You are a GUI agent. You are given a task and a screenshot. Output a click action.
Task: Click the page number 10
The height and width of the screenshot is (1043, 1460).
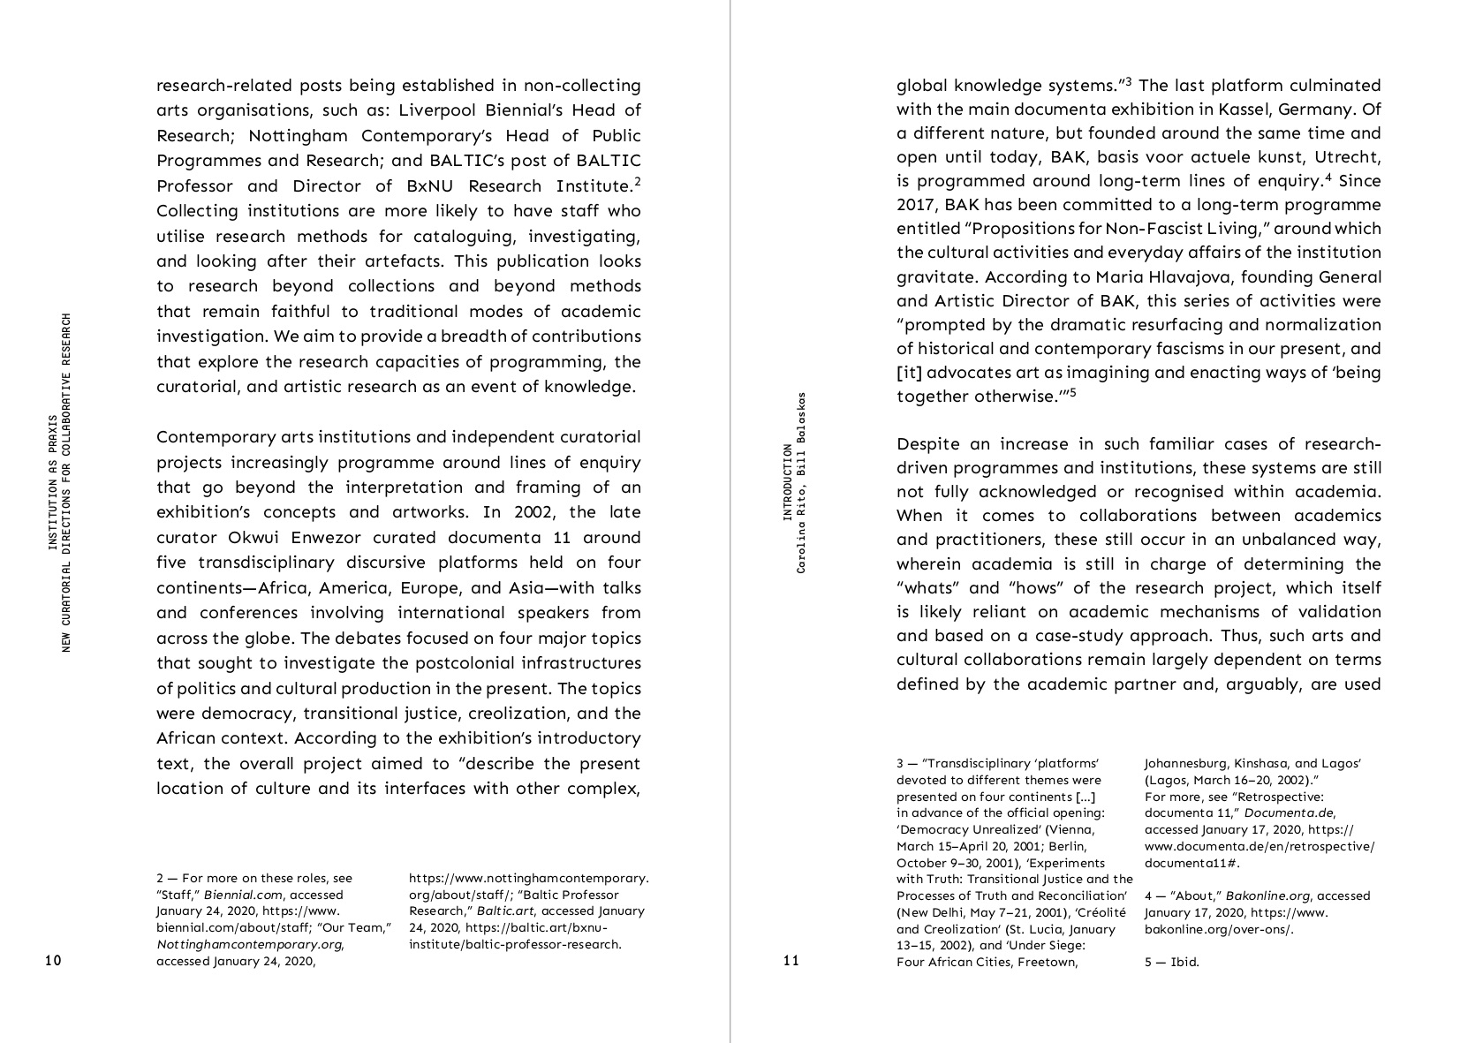tap(53, 961)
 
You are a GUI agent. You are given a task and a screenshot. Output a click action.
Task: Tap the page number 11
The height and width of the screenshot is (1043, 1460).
tap(791, 961)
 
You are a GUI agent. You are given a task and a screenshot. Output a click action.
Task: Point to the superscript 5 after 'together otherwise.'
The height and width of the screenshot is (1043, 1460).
tap(1072, 392)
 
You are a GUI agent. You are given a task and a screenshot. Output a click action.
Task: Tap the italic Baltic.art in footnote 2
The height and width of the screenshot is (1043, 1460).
tap(505, 911)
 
